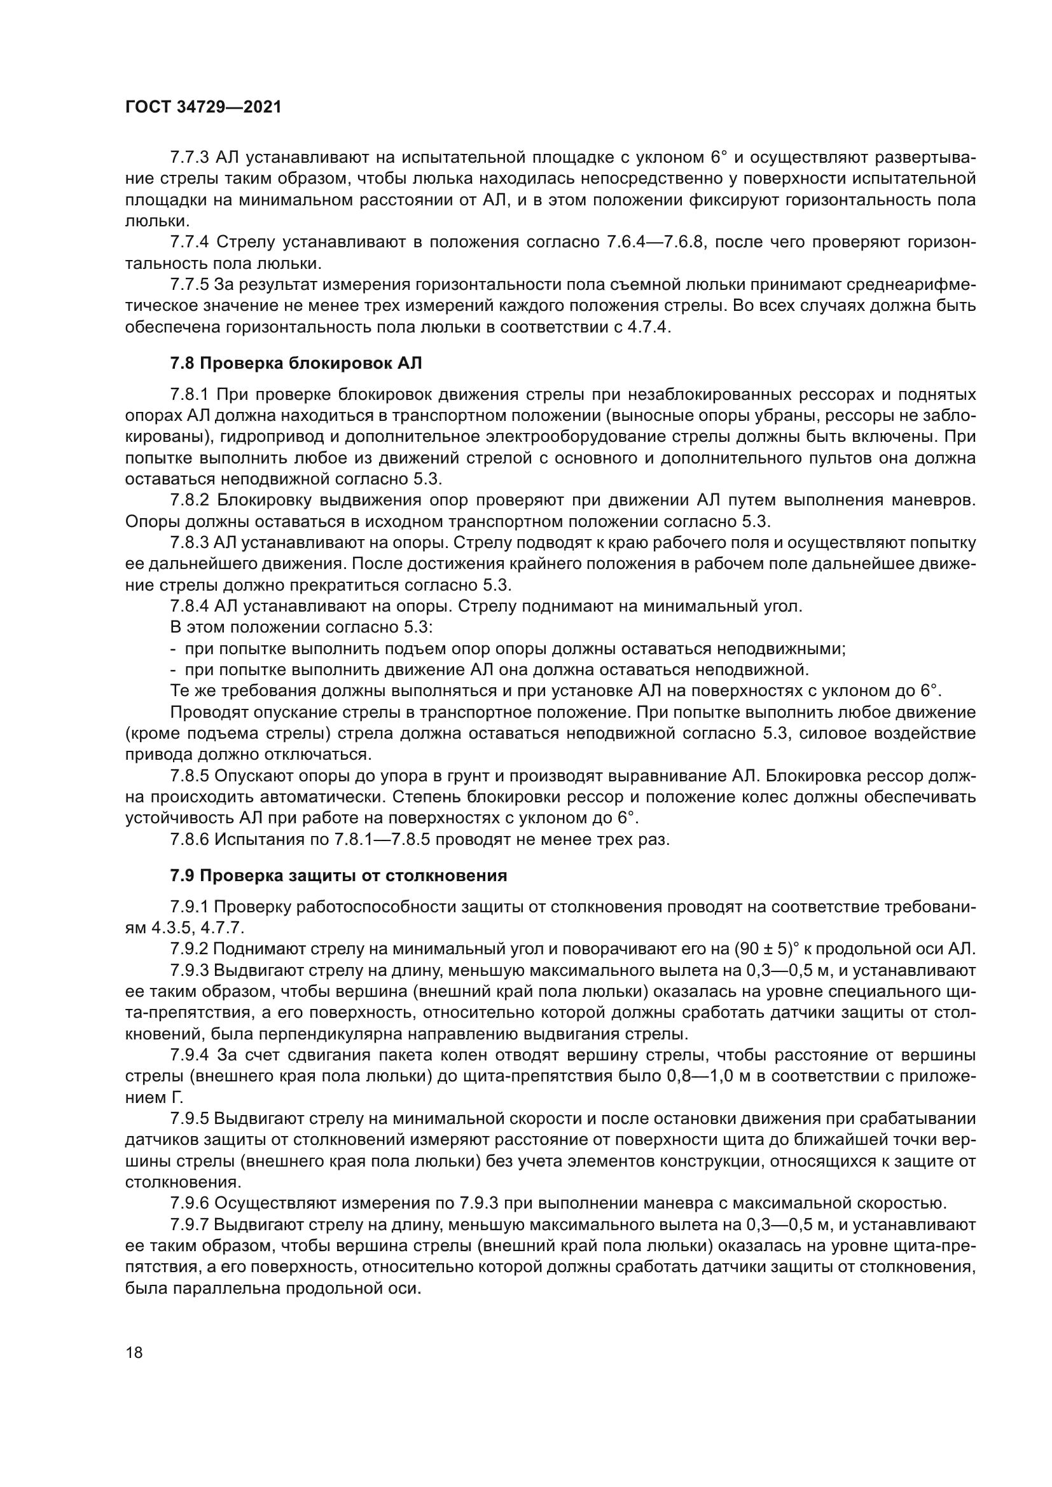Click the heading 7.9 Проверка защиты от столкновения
338,876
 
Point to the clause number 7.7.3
190,158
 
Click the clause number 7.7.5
190,285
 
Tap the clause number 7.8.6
190,840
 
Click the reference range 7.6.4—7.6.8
654,243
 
